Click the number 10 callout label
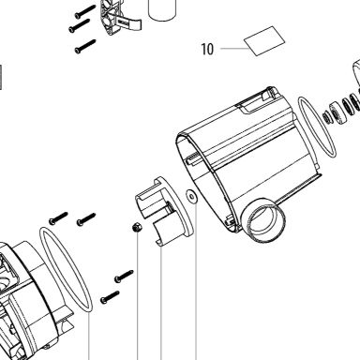pos(207,49)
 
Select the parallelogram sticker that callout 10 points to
pos(264,41)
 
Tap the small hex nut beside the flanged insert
pos(137,227)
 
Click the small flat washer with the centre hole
pos(191,196)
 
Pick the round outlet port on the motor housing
pos(262,220)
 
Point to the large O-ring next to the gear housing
pos(66,269)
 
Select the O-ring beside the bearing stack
pos(317,127)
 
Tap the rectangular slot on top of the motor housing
pos(251,103)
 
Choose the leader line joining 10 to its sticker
pos(233,49)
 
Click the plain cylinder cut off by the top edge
pos(162,9)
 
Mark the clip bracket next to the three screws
pos(120,17)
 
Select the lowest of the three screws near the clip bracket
pos(85,47)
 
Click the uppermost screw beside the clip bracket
pos(85,11)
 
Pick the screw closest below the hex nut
pos(124,277)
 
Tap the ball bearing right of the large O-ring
pos(337,112)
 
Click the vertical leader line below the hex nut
pos(138,296)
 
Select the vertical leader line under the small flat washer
pos(196,282)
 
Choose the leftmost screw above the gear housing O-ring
pos(58,217)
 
